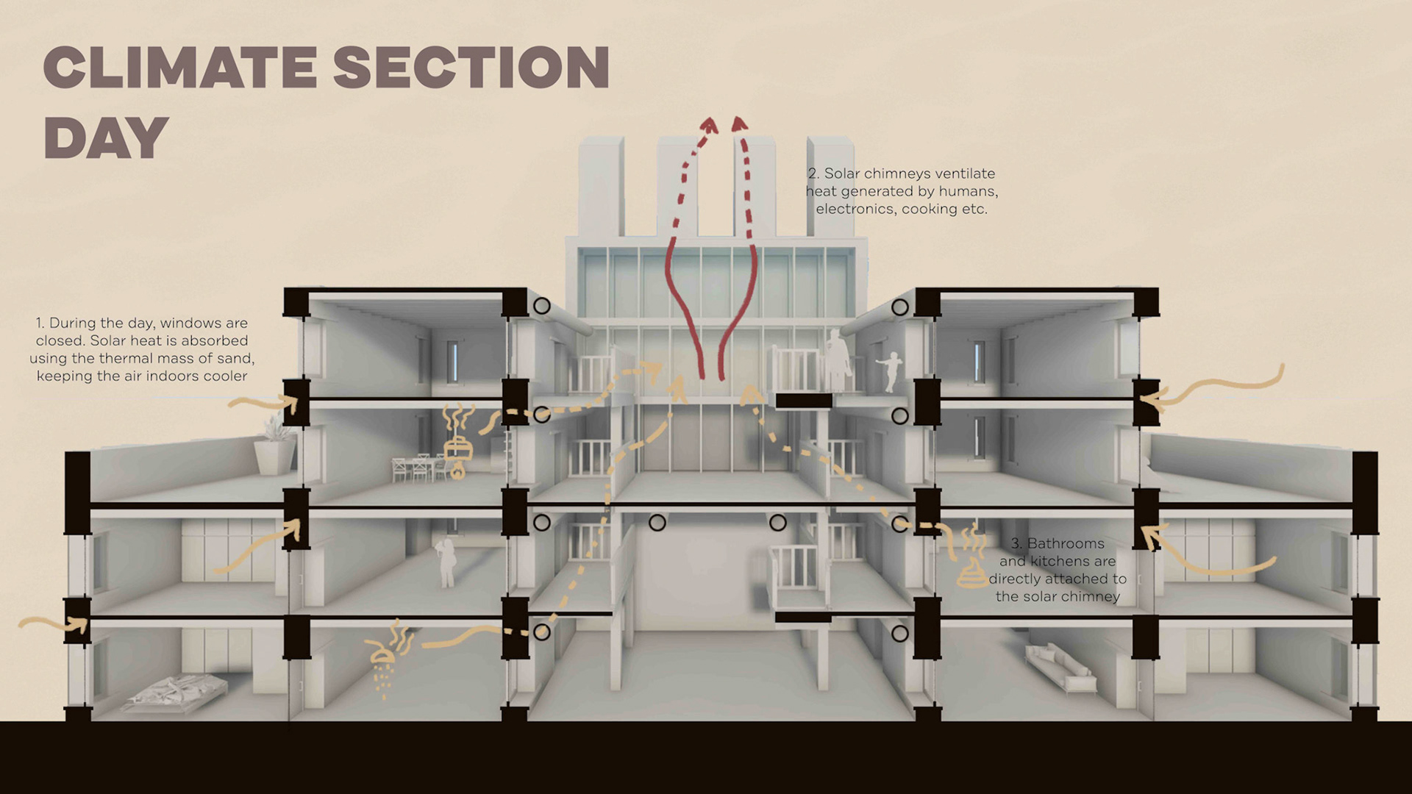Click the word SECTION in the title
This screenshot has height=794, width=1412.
click(471, 68)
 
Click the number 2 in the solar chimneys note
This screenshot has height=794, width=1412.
click(812, 174)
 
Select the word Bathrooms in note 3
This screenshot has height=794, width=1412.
click(1066, 544)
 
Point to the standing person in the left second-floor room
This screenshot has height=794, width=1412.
click(446, 562)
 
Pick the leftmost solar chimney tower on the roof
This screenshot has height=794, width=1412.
click(601, 187)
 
